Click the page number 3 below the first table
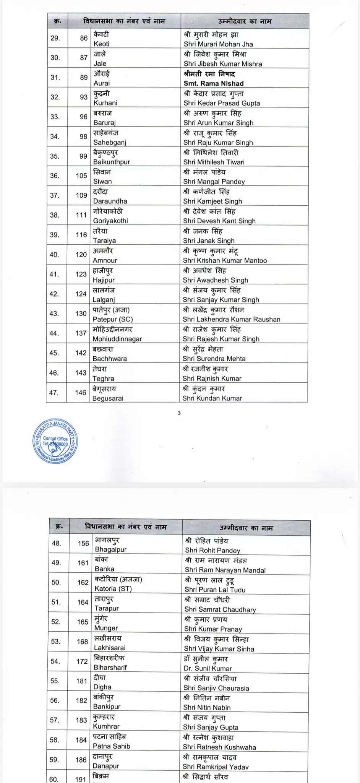(x=179, y=413)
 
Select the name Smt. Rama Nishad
(x=214, y=83)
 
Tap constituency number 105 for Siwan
(x=81, y=175)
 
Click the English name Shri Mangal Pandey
(x=214, y=182)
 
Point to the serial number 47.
(x=54, y=392)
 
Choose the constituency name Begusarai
(x=108, y=398)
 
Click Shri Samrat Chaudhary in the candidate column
(x=220, y=609)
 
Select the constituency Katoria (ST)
(x=113, y=588)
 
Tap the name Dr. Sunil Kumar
(x=208, y=668)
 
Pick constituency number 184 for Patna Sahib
(x=81, y=740)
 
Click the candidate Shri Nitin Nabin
(x=207, y=707)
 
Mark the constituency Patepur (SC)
(x=113, y=319)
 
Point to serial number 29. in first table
(x=55, y=38)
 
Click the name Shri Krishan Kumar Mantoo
(x=225, y=260)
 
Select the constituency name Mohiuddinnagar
(x=117, y=339)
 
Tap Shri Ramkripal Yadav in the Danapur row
(x=216, y=767)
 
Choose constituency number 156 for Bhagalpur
(x=83, y=543)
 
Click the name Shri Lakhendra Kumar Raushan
(x=232, y=319)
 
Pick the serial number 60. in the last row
(x=54, y=779)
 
